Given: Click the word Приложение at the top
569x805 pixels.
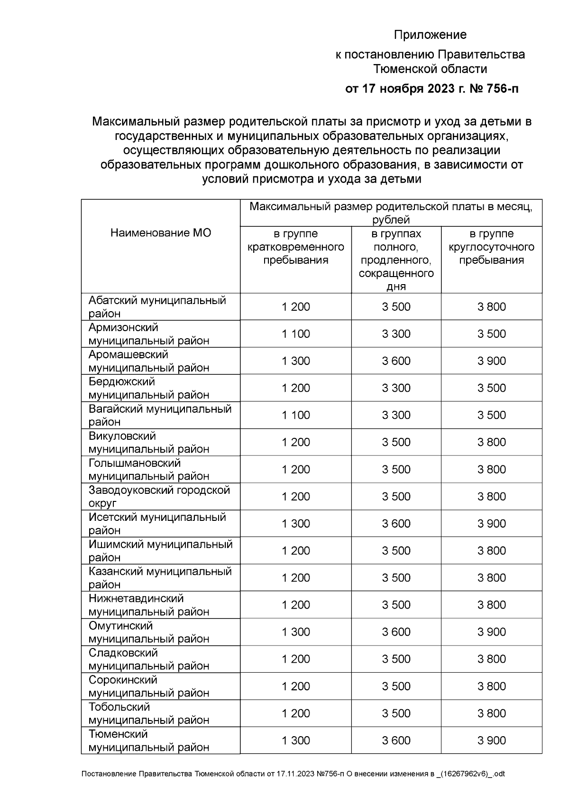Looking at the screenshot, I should click(431, 35).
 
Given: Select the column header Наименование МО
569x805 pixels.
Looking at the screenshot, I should click(161, 232).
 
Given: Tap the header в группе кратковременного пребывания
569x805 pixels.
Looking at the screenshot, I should click(296, 247).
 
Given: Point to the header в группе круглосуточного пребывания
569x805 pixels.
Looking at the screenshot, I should click(492, 247).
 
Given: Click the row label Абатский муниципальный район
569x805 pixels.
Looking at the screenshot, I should click(157, 307).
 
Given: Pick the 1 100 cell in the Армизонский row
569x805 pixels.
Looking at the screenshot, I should click(296, 334).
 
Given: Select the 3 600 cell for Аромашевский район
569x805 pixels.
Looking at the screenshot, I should click(396, 361).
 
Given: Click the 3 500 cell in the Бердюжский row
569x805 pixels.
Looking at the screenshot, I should click(492, 388).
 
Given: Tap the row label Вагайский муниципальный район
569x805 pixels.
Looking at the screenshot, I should click(160, 415).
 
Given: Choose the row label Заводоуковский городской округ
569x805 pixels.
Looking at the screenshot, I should click(159, 496).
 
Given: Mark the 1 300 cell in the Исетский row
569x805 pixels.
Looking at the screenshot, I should click(296, 524).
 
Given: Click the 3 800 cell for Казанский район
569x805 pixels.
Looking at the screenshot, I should click(492, 578).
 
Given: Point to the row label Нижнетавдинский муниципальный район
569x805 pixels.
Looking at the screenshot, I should click(149, 605).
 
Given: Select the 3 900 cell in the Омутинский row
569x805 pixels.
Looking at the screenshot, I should click(492, 632).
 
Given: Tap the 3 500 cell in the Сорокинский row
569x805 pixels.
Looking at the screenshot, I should click(396, 686).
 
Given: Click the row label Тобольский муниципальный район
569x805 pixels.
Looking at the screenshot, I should click(149, 713).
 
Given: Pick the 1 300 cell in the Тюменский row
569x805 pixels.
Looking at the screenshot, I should click(296, 740).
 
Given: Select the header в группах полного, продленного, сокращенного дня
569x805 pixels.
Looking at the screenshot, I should click(396, 260).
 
